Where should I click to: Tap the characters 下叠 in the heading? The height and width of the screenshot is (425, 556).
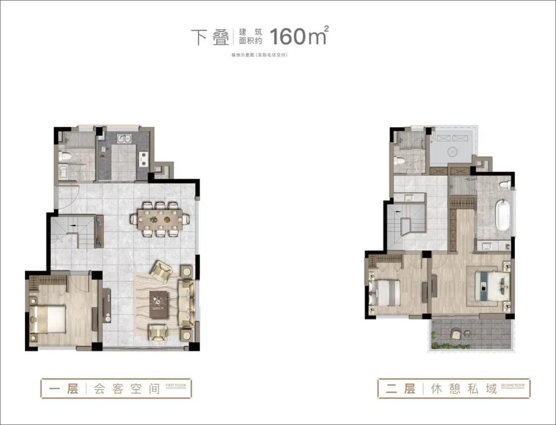(210, 37)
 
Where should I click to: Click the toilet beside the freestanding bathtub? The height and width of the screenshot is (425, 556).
(505, 184)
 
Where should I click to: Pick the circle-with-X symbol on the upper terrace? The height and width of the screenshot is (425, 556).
(453, 152)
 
